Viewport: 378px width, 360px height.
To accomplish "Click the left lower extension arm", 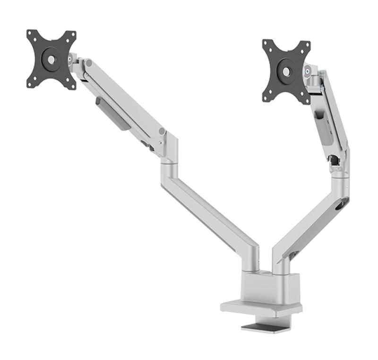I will click(208, 208).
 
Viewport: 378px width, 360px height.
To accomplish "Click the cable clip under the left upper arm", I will click(112, 114).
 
